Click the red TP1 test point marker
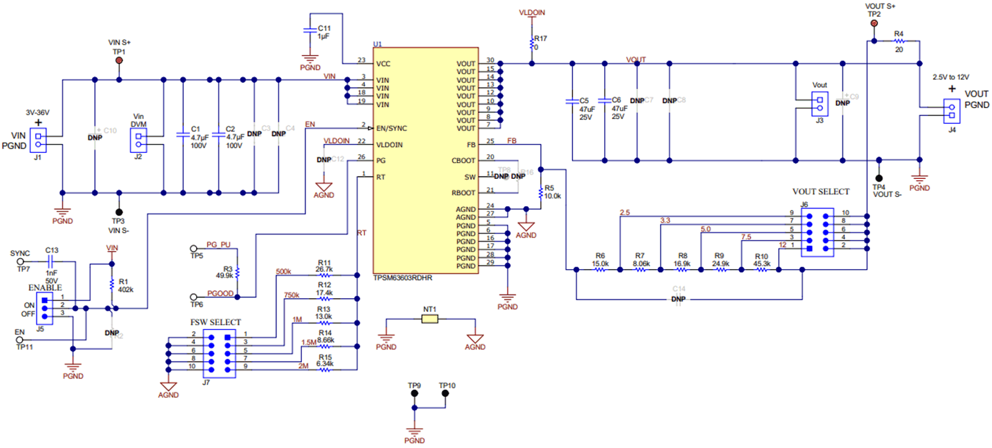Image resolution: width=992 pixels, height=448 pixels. [x=119, y=60]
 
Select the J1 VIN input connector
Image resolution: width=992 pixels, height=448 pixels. [x=40, y=140]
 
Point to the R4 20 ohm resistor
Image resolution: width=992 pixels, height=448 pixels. [x=899, y=41]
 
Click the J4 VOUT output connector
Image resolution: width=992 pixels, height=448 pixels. [x=951, y=111]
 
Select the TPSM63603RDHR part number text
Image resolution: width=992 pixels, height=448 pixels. [x=402, y=278]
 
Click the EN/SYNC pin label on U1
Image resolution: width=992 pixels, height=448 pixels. [x=391, y=128]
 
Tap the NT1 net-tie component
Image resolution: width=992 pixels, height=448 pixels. [x=430, y=319]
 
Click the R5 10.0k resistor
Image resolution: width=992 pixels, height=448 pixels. [x=540, y=192]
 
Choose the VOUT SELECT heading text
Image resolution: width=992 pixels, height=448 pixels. [x=821, y=192]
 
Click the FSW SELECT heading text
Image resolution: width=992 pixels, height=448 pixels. [x=215, y=322]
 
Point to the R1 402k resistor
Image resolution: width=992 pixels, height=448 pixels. [x=112, y=284]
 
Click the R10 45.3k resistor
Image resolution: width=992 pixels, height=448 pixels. [x=761, y=270]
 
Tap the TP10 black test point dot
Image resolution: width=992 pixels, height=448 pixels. [x=445, y=393]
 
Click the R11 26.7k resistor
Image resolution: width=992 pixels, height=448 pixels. [x=324, y=275]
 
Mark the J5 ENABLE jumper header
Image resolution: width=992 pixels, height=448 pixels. [x=44, y=308]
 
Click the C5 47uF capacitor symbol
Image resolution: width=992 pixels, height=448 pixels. [x=572, y=101]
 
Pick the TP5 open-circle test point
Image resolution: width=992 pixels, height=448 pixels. [x=194, y=248]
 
